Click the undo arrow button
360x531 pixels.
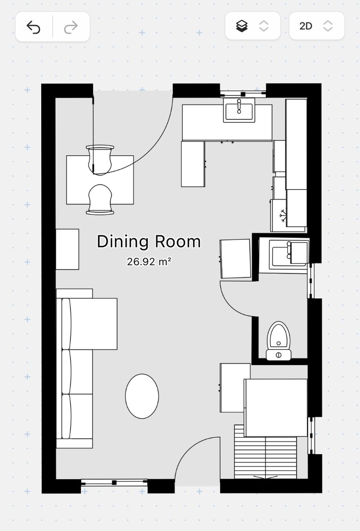[34, 27]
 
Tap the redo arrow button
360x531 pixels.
[71, 27]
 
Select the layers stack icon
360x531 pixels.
[242, 26]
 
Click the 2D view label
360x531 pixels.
[306, 26]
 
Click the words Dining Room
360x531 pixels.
[149, 242]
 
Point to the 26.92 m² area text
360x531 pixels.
[149, 262]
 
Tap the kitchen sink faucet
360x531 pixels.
[239, 106]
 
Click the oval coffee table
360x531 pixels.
[142, 396]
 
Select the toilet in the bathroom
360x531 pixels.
[279, 341]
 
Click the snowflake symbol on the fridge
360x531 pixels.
[283, 215]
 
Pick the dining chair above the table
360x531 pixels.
[100, 159]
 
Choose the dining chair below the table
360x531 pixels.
[100, 200]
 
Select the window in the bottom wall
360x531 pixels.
[114, 482]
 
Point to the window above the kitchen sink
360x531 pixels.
[243, 94]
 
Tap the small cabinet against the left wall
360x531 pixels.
[67, 249]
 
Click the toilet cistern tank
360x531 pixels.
[279, 355]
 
